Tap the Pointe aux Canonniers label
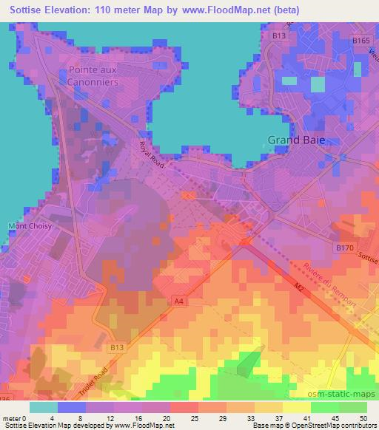[93, 75]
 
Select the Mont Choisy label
[30, 226]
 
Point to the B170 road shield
[343, 249]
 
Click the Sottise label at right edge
[367, 259]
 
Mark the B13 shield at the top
[278, 35]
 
